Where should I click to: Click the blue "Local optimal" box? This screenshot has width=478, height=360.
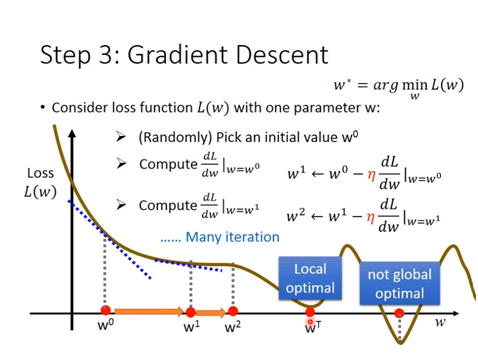click(309, 279)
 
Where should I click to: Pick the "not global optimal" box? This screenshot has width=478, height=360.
click(398, 283)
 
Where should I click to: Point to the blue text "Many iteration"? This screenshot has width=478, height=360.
click(219, 237)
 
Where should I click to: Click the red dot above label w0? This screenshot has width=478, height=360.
click(105, 312)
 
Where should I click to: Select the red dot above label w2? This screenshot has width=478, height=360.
click(233, 312)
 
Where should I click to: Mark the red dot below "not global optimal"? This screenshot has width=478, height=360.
click(399, 313)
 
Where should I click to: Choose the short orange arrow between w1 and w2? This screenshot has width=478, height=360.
click(212, 312)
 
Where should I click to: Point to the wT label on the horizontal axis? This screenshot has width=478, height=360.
click(312, 326)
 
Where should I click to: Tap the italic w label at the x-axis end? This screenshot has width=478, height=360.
click(439, 322)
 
